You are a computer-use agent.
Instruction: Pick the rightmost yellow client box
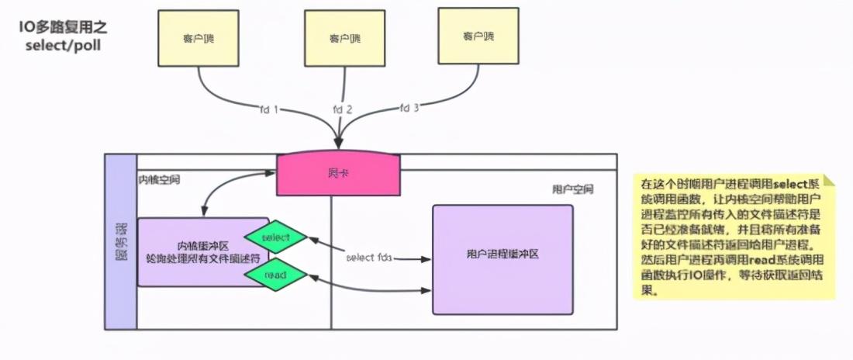[x=478, y=36]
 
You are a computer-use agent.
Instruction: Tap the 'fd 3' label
[x=409, y=108]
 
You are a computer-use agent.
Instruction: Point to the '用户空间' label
[x=572, y=189]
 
